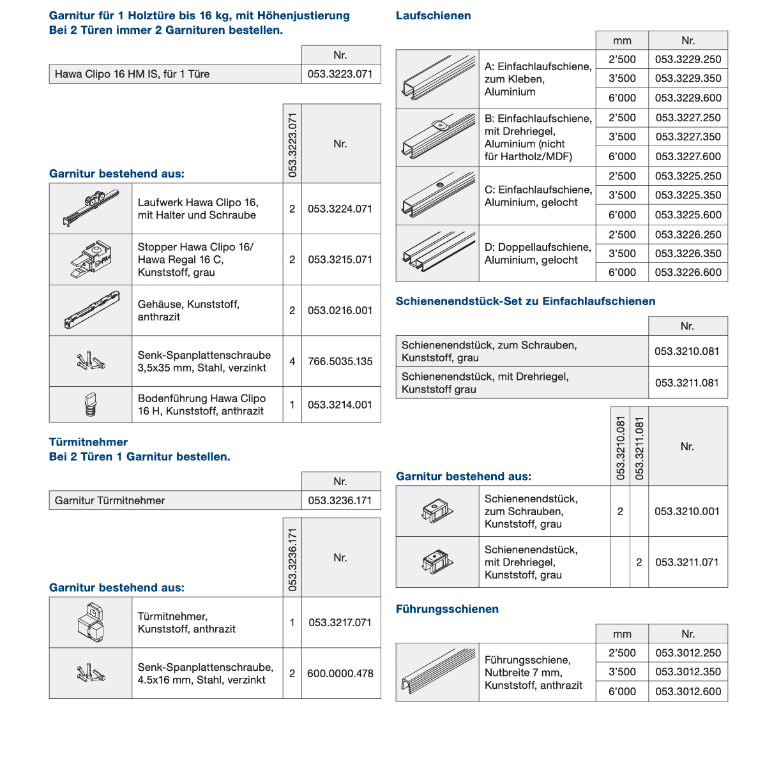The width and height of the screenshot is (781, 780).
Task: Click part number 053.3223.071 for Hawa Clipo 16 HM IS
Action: [340, 74]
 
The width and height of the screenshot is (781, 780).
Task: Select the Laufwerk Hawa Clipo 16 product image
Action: [91, 208]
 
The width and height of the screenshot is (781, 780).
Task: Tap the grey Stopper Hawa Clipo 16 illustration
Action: [91, 259]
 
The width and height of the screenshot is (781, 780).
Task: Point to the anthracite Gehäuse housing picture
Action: [91, 310]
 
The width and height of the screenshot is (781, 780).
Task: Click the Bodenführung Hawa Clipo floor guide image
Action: [91, 405]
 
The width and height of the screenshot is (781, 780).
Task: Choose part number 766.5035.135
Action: [340, 361]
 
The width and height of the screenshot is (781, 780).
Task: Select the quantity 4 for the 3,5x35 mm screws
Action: [292, 361]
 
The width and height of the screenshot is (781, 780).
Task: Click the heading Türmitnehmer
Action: [88, 442]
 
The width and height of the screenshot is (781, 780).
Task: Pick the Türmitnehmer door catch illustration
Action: [91, 622]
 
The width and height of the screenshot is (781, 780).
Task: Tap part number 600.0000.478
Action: [340, 673]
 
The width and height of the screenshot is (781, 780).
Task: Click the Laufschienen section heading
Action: [433, 16]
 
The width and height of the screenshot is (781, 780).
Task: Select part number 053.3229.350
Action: [688, 79]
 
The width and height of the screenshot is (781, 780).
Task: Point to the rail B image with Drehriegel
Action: [437, 137]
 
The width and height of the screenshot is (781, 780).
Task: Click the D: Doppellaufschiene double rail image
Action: [437, 253]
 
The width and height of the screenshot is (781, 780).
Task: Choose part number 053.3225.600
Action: [688, 215]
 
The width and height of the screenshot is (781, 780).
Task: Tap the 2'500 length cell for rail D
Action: [622, 234]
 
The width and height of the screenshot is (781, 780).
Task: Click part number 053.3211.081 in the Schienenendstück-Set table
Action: [687, 383]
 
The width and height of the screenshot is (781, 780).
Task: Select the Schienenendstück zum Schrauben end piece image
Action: [437, 511]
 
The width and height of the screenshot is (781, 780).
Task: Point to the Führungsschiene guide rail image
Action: [437, 672]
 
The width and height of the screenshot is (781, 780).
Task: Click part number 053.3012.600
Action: [688, 692]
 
